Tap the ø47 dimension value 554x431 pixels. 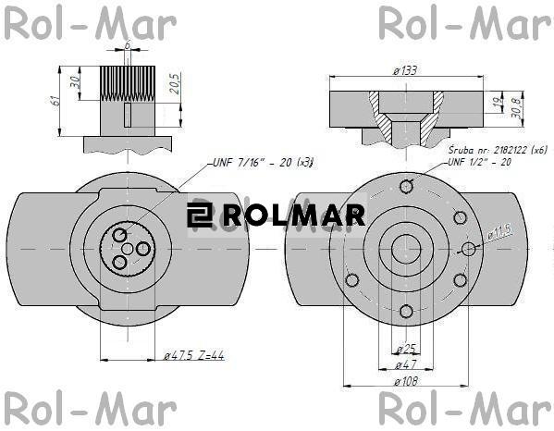click(404, 364)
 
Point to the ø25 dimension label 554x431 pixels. click(404, 349)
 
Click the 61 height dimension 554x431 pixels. click(56, 100)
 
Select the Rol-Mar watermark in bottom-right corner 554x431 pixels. click(463, 409)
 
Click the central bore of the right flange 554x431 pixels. click(405, 248)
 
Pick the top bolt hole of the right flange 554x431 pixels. click(405, 186)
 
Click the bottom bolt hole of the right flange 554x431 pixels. click(405, 311)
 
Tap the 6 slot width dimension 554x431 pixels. click(127, 44)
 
